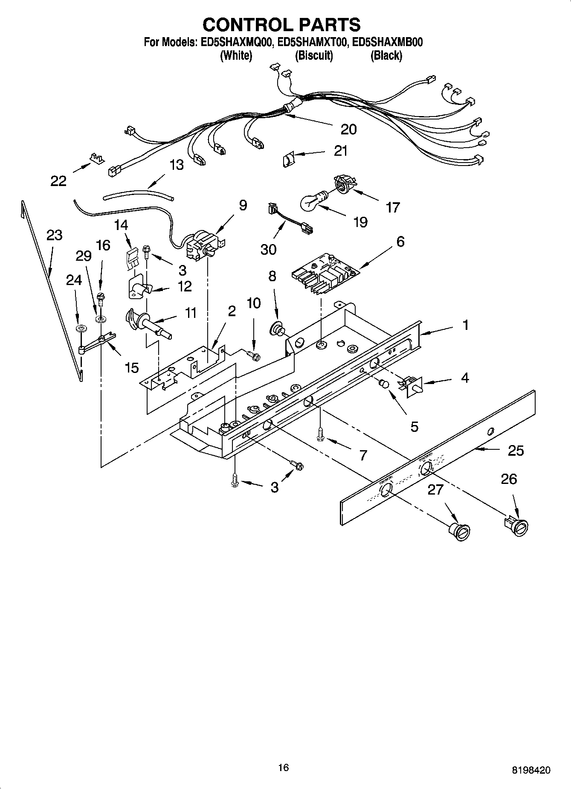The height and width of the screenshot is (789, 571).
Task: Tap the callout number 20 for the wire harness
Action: [x=348, y=129]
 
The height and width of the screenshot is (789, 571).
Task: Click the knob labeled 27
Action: [x=460, y=531]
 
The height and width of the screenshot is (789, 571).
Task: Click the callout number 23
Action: [x=55, y=235]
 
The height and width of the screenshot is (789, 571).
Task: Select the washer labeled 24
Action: [x=80, y=329]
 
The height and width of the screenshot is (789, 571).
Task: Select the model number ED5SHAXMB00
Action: [x=387, y=42]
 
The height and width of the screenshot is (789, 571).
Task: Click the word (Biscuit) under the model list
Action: [x=314, y=55]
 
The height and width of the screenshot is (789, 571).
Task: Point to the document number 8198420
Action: [x=530, y=770]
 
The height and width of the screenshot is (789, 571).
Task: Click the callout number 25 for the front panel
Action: [x=516, y=451]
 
